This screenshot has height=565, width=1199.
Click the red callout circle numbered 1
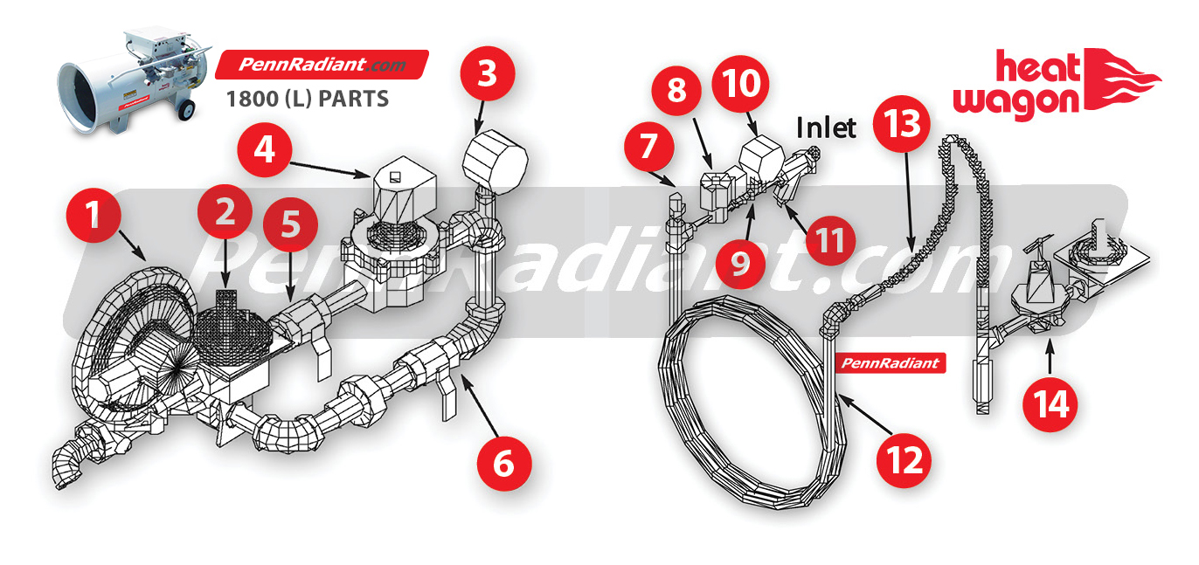tap(94, 215)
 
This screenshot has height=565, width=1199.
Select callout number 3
tap(487, 73)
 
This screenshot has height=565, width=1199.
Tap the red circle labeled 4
tap(265, 149)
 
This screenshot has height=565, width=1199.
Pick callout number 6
tap(504, 464)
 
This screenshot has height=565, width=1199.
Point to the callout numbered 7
tap(648, 146)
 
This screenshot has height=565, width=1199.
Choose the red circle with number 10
tap(740, 84)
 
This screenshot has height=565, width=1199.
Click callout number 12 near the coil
tap(904, 460)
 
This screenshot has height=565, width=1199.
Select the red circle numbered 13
tap(901, 124)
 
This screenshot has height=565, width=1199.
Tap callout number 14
tap(1050, 404)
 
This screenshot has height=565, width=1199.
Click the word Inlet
tap(826, 127)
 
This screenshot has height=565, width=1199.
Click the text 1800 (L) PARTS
tap(308, 99)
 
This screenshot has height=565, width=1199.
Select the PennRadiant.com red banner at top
tap(322, 65)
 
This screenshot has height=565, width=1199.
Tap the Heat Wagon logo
tap(1055, 85)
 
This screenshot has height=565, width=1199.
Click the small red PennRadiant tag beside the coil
tap(891, 363)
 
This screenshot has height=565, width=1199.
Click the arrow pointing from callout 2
tap(225, 263)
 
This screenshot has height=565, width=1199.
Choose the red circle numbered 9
tap(740, 263)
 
